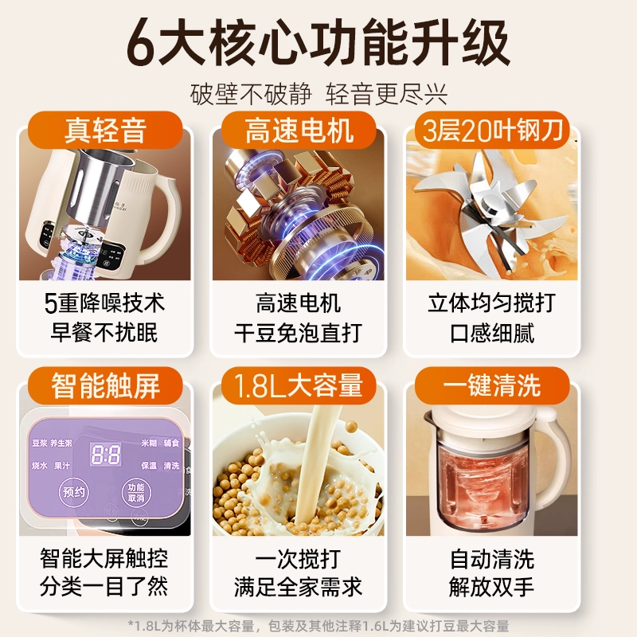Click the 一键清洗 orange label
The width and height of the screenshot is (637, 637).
coord(487,386)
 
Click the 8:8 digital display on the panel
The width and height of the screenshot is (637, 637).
coord(106,455)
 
